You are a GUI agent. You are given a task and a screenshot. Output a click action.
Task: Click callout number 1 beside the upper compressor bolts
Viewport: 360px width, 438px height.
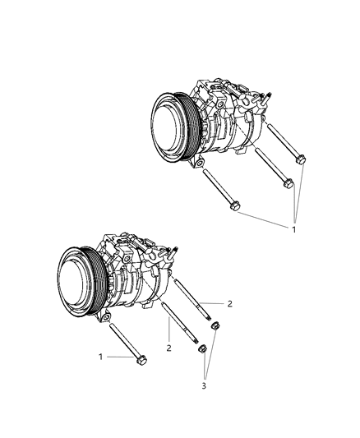coord(293,229)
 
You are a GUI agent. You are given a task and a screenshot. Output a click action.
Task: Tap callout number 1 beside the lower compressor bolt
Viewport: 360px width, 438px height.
coord(100,357)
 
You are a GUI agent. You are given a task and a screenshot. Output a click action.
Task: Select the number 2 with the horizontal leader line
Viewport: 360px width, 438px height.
coord(229,303)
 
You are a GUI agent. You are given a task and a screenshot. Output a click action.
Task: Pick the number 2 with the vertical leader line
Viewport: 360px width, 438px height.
coord(168,348)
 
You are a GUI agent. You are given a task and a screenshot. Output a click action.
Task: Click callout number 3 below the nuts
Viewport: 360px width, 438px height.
coord(204,385)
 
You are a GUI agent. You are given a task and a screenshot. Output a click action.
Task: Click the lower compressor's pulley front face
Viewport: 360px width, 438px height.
coord(73,283)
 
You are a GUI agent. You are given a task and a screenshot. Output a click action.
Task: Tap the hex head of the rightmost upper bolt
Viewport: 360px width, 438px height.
coord(301,159)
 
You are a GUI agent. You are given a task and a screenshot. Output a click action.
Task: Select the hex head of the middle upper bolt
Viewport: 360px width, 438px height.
coord(288,184)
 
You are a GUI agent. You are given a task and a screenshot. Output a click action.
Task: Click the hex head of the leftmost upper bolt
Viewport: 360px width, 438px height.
coord(235,206)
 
